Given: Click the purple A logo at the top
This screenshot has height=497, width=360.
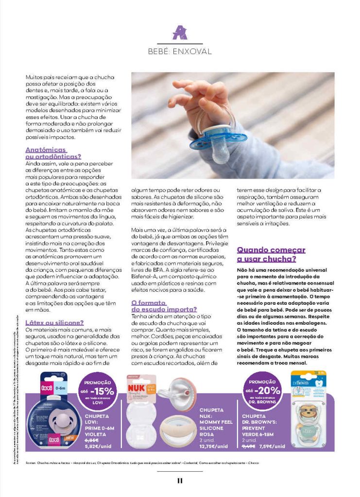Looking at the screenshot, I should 180,33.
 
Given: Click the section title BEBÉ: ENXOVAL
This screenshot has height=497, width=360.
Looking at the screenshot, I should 180,51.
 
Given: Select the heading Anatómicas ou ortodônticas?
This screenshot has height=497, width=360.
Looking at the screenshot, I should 53,153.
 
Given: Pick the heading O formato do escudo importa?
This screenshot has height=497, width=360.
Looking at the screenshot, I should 164,305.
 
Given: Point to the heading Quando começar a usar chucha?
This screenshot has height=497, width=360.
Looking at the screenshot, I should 271,254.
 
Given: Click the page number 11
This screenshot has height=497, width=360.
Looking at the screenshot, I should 180,480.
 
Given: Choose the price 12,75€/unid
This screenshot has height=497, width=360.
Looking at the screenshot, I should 214,446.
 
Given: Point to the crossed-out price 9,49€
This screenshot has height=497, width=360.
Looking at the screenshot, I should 248,445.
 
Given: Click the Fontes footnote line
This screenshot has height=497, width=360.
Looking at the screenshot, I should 141,463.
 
